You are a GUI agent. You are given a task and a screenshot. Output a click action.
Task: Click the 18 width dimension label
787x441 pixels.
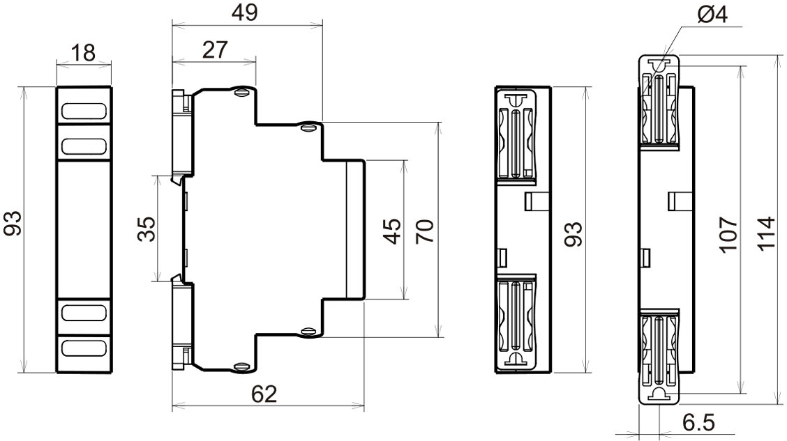(x=83, y=53)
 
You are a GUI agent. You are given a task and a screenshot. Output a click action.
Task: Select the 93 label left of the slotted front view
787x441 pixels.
(x=13, y=224)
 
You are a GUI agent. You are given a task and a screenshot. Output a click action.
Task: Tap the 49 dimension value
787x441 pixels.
(x=245, y=13)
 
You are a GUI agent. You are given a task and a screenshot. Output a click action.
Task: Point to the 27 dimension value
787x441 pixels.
(x=215, y=50)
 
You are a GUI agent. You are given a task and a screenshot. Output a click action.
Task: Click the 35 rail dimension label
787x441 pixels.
(x=147, y=229)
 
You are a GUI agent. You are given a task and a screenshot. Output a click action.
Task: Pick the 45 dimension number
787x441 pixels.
(x=392, y=231)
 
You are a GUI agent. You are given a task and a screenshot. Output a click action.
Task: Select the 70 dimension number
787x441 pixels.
(x=425, y=231)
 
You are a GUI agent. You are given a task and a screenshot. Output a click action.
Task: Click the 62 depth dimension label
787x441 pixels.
(x=264, y=394)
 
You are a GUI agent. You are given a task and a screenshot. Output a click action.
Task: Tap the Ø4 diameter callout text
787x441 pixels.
(x=712, y=15)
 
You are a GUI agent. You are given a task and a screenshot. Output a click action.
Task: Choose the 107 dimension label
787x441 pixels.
(x=728, y=235)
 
